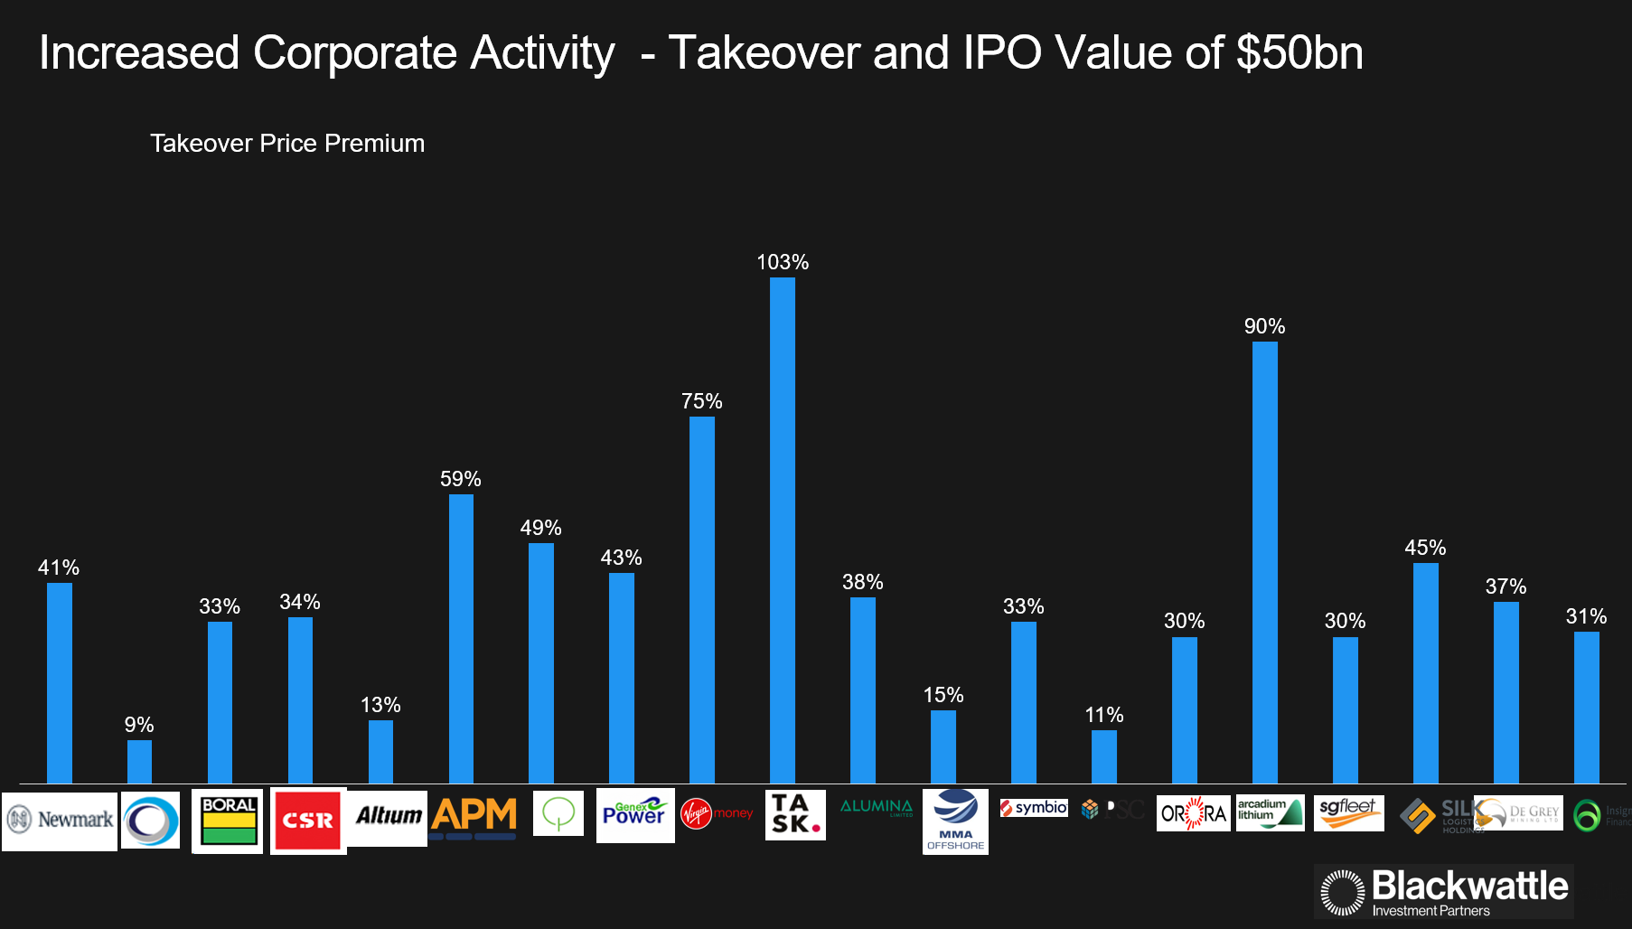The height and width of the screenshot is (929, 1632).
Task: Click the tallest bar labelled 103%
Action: pos(783,530)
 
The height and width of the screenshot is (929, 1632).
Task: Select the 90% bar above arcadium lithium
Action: pos(1265,562)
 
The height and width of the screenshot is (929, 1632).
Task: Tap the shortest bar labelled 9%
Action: pos(139,761)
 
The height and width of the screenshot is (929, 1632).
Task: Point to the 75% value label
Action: pos(702,401)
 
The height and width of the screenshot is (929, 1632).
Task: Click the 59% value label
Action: pos(461,479)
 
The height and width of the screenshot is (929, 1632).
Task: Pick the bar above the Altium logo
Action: pos(380,751)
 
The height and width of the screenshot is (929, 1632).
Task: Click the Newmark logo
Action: pos(60,821)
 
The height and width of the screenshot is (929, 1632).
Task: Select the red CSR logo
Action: pos(308,821)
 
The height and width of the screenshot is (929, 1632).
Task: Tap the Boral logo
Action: pos(228,821)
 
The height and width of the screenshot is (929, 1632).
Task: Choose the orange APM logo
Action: pos(474,816)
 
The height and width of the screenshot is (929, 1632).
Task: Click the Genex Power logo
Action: pos(635,814)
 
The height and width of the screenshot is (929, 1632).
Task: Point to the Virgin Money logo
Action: pos(717,813)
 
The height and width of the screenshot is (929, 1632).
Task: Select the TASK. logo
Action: pos(795,814)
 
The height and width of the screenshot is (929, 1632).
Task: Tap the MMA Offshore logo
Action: pos(955,821)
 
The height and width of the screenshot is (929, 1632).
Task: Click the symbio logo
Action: pos(1034,808)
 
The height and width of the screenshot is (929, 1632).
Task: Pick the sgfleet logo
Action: pos(1348,812)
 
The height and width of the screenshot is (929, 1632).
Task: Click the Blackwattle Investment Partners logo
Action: pos(1444,892)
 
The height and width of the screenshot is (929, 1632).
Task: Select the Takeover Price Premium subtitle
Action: pos(287,144)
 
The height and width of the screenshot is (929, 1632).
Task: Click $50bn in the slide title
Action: pos(1299,52)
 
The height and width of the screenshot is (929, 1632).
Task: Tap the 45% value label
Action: pos(1425,548)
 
